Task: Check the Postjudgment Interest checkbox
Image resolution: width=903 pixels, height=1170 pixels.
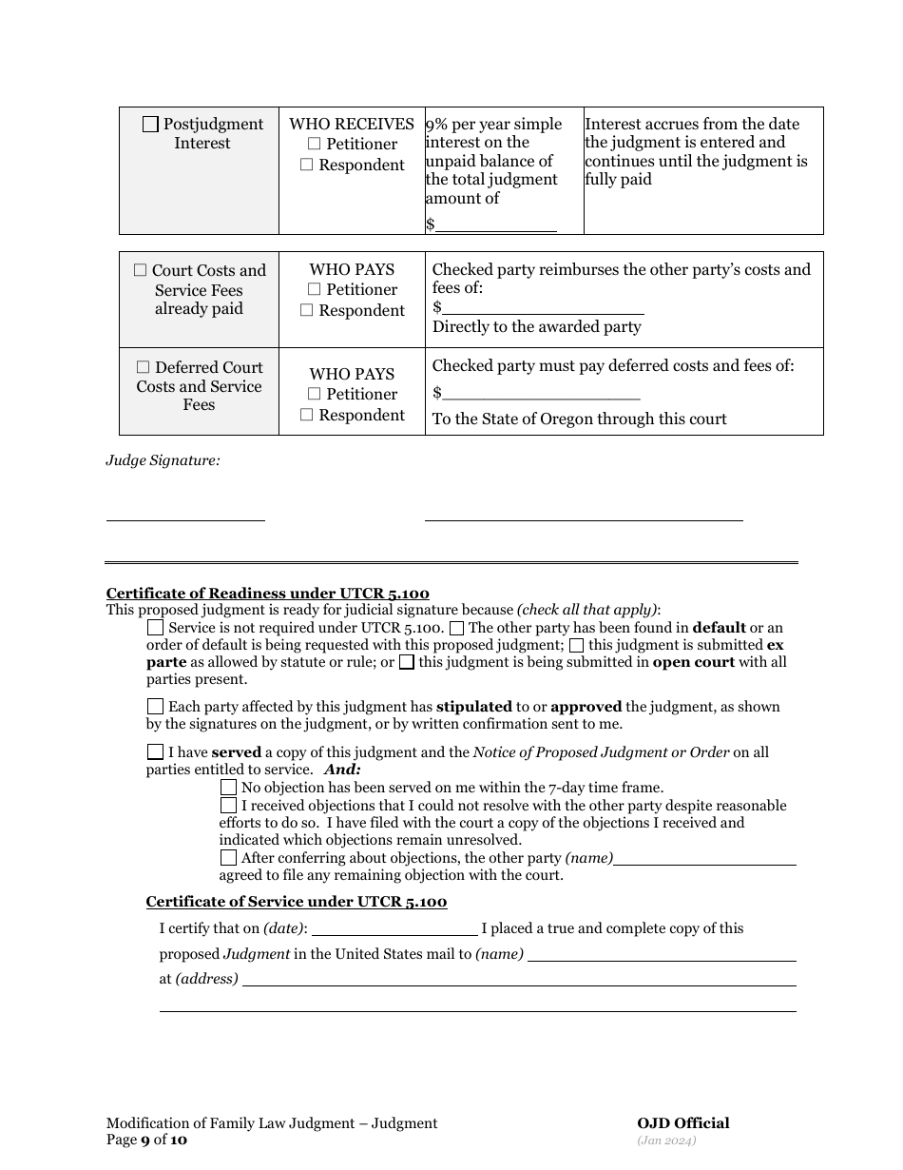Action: pyautogui.click(x=150, y=125)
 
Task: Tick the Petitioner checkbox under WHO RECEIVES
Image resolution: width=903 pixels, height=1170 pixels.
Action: pyautogui.click(x=314, y=144)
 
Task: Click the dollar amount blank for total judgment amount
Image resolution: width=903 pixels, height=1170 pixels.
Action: pyautogui.click(x=495, y=224)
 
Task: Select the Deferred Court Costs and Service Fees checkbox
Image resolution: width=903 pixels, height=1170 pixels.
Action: pyautogui.click(x=143, y=367)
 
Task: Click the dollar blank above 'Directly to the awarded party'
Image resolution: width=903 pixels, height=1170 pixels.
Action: pyautogui.click(x=543, y=306)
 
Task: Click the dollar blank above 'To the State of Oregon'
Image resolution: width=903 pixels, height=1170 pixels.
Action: pyautogui.click(x=541, y=393)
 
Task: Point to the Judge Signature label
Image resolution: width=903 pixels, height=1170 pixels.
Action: pyautogui.click(x=163, y=460)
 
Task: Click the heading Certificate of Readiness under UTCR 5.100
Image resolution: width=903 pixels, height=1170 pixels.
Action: pyautogui.click(x=267, y=594)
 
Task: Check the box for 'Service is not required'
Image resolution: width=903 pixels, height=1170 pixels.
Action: pyautogui.click(x=155, y=628)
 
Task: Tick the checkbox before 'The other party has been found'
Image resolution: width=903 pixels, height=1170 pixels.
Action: pyautogui.click(x=456, y=628)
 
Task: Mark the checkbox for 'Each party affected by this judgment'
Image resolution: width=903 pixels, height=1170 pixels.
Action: pyautogui.click(x=155, y=707)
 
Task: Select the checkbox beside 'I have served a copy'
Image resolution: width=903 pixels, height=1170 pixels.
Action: pyautogui.click(x=155, y=751)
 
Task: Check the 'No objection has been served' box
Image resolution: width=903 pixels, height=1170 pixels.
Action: pyautogui.click(x=228, y=788)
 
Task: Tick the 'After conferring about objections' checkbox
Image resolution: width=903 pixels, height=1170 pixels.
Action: pyautogui.click(x=228, y=858)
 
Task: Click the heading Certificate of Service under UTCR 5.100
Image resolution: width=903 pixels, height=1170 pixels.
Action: pyautogui.click(x=296, y=902)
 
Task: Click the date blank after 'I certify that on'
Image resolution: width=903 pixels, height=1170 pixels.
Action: pyautogui.click(x=394, y=928)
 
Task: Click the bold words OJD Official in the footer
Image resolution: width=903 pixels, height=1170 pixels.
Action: pyautogui.click(x=682, y=1123)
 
